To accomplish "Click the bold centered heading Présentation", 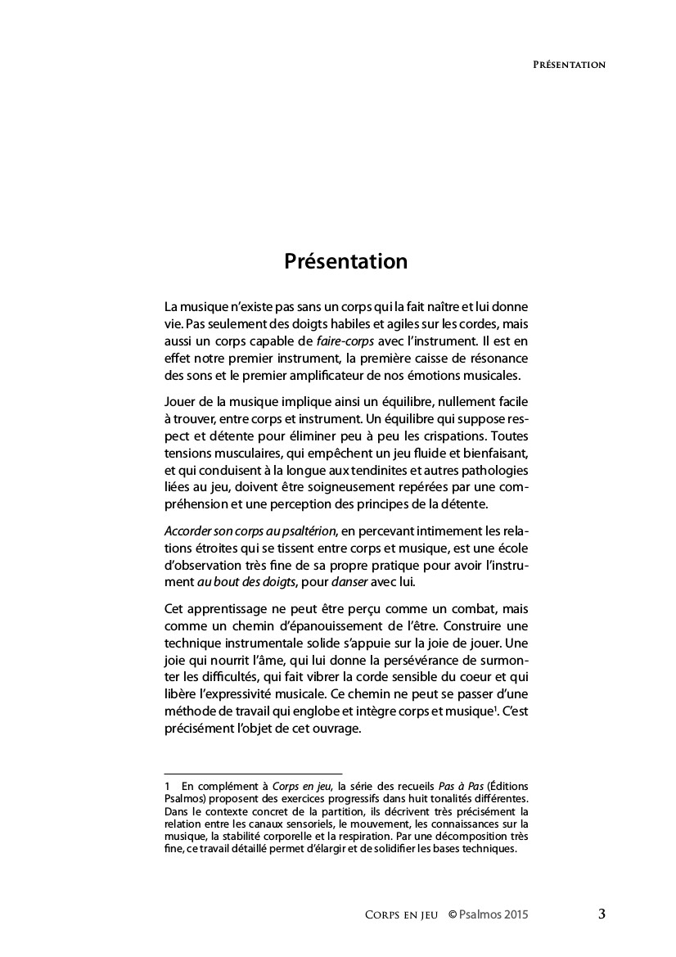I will click(x=345, y=261).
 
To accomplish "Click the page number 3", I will click(x=602, y=914).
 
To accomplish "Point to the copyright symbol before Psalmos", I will click(x=452, y=914).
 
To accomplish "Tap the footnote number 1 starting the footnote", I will click(x=167, y=786).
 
